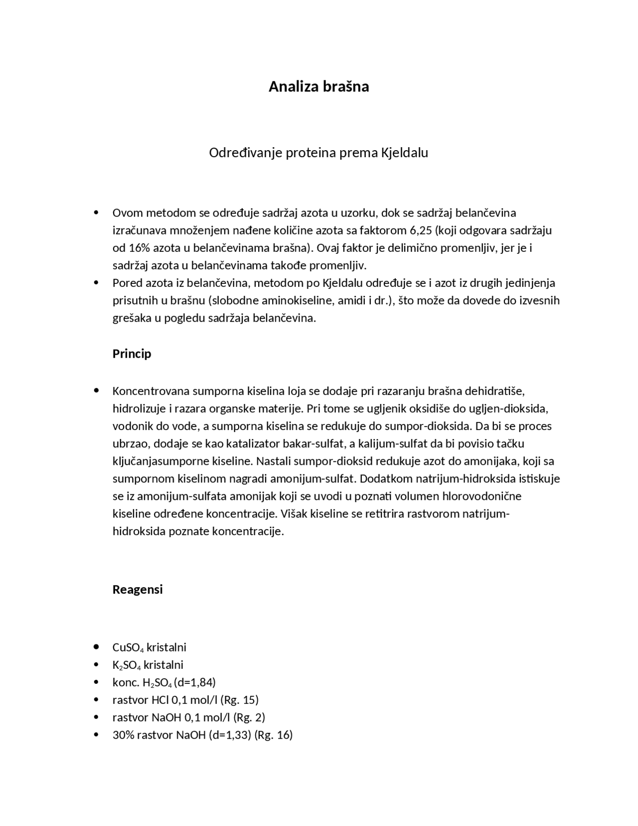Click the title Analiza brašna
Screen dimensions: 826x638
coord(319,86)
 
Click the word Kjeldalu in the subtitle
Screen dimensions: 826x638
coord(404,153)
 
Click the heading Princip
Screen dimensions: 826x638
coord(132,354)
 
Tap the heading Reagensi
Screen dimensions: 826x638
coord(138,590)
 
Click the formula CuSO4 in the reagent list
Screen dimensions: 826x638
coord(128,647)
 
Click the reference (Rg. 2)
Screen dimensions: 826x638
coord(249,717)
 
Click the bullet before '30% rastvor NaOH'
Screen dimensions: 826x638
coord(96,735)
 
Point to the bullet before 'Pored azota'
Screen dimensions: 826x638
coord(96,283)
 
